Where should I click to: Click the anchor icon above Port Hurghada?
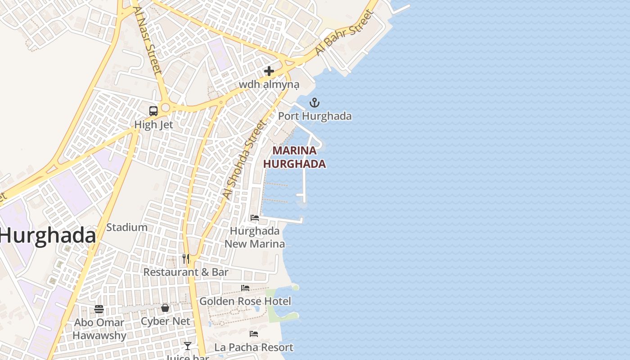pos(314,103)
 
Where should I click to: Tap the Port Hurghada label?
pos(315,116)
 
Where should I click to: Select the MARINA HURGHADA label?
pos(294,157)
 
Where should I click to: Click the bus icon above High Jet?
pos(153,111)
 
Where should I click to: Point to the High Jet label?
pos(153,125)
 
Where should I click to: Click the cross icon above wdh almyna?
pos(269,71)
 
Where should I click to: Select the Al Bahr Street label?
pos(345,32)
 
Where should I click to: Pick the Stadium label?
pos(127,227)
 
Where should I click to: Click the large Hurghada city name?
pos(48,236)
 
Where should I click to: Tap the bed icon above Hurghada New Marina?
pos(255,218)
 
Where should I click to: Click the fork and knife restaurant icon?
pos(185,259)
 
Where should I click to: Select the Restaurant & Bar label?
pos(186,272)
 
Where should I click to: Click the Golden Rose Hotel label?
pos(245,301)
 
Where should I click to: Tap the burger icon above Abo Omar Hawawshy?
pos(99,309)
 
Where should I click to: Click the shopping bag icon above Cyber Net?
pos(165,308)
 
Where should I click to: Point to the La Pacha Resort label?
pos(254,347)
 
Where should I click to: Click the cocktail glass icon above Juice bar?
pos(188,346)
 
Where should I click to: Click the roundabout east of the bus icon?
pos(165,108)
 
